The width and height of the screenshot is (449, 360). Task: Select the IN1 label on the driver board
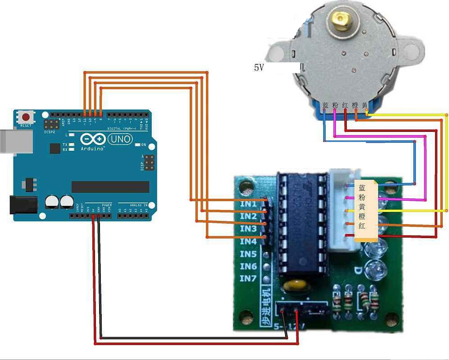click(248, 204)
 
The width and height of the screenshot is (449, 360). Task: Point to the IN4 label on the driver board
click(248, 241)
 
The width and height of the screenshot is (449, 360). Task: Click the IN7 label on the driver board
click(248, 279)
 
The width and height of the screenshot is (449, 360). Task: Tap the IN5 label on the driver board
click(248, 254)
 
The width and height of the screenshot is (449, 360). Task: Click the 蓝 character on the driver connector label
click(362, 188)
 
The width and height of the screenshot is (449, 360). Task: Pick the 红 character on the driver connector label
click(362, 226)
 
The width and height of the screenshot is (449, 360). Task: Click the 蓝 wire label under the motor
click(326, 105)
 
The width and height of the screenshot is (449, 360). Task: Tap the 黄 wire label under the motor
click(365, 105)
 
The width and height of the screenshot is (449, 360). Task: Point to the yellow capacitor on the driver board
click(294, 286)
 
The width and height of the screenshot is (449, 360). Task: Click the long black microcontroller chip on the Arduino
click(110, 187)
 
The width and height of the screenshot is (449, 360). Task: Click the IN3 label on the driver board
click(248, 229)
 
